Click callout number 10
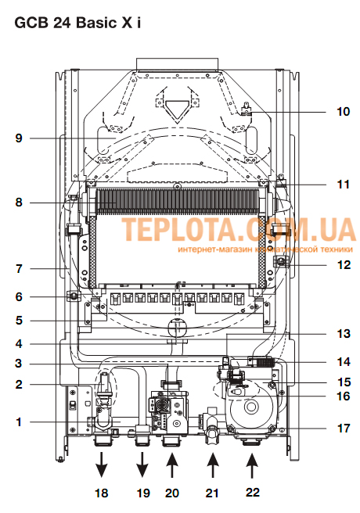[343, 112]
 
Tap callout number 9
[19, 138]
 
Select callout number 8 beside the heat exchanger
[19, 203]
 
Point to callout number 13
[344, 334]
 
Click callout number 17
[344, 429]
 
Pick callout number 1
[19, 422]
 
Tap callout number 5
[19, 321]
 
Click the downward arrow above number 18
[102, 465]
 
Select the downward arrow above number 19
[142, 465]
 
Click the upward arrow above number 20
[172, 465]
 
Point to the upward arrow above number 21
[213, 465]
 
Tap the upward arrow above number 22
[252, 465]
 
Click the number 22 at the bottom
[253, 493]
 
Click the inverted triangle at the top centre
[177, 110]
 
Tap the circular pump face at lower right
[251, 407]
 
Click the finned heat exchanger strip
[177, 203]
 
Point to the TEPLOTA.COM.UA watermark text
[239, 229]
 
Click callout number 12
[344, 264]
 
